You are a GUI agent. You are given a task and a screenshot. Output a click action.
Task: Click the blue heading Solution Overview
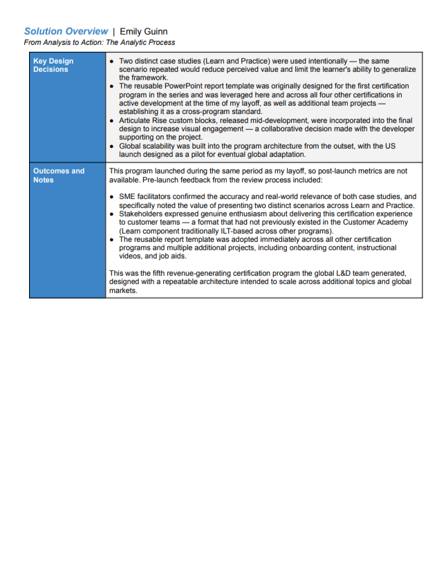pos(66,31)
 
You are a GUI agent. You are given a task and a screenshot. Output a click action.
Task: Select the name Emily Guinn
pos(144,31)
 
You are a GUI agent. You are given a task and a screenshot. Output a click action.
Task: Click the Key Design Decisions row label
pos(53,65)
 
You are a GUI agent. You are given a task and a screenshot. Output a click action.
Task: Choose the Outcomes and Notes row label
pos(59,176)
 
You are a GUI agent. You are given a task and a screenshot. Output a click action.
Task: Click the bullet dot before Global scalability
pos(113,146)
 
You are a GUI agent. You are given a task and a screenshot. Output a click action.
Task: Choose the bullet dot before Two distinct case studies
pos(113,62)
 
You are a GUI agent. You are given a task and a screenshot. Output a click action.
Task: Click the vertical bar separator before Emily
pos(114,31)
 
